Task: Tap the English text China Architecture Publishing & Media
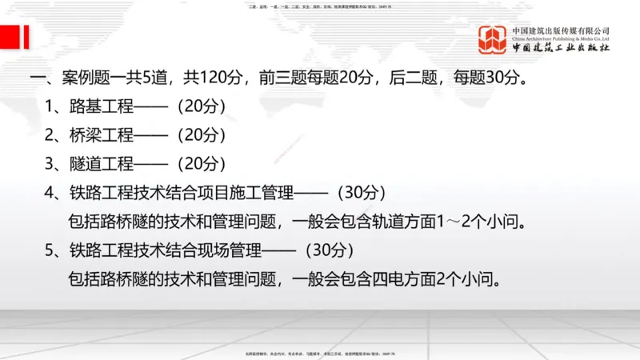[561, 38]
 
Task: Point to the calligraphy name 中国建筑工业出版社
[561, 48]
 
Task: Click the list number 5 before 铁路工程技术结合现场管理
[50, 250]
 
